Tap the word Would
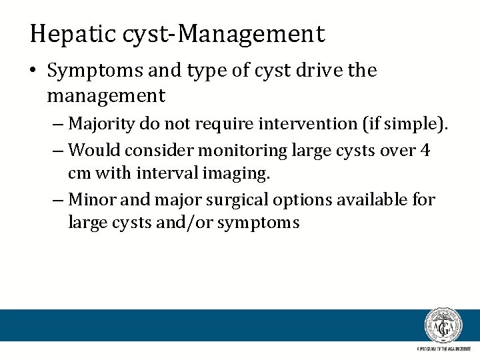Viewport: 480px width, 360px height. (91, 151)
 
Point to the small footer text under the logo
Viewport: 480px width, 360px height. (443, 349)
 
